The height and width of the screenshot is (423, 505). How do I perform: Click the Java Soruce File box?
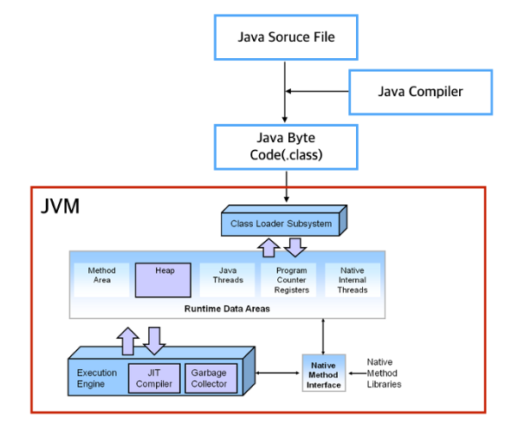click(x=285, y=37)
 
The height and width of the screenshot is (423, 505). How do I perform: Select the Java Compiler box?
click(x=420, y=91)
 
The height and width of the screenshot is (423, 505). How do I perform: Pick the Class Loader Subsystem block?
click(x=281, y=224)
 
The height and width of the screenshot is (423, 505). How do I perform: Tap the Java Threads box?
click(x=228, y=280)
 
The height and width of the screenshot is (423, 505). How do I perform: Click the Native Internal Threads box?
click(x=353, y=280)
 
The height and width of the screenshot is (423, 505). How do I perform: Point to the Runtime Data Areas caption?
click(x=228, y=309)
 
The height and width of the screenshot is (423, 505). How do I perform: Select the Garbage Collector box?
click(x=209, y=378)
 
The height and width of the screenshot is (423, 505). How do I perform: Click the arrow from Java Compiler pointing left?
click(x=316, y=91)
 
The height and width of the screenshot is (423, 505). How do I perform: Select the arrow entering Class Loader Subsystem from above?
click(x=285, y=186)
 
